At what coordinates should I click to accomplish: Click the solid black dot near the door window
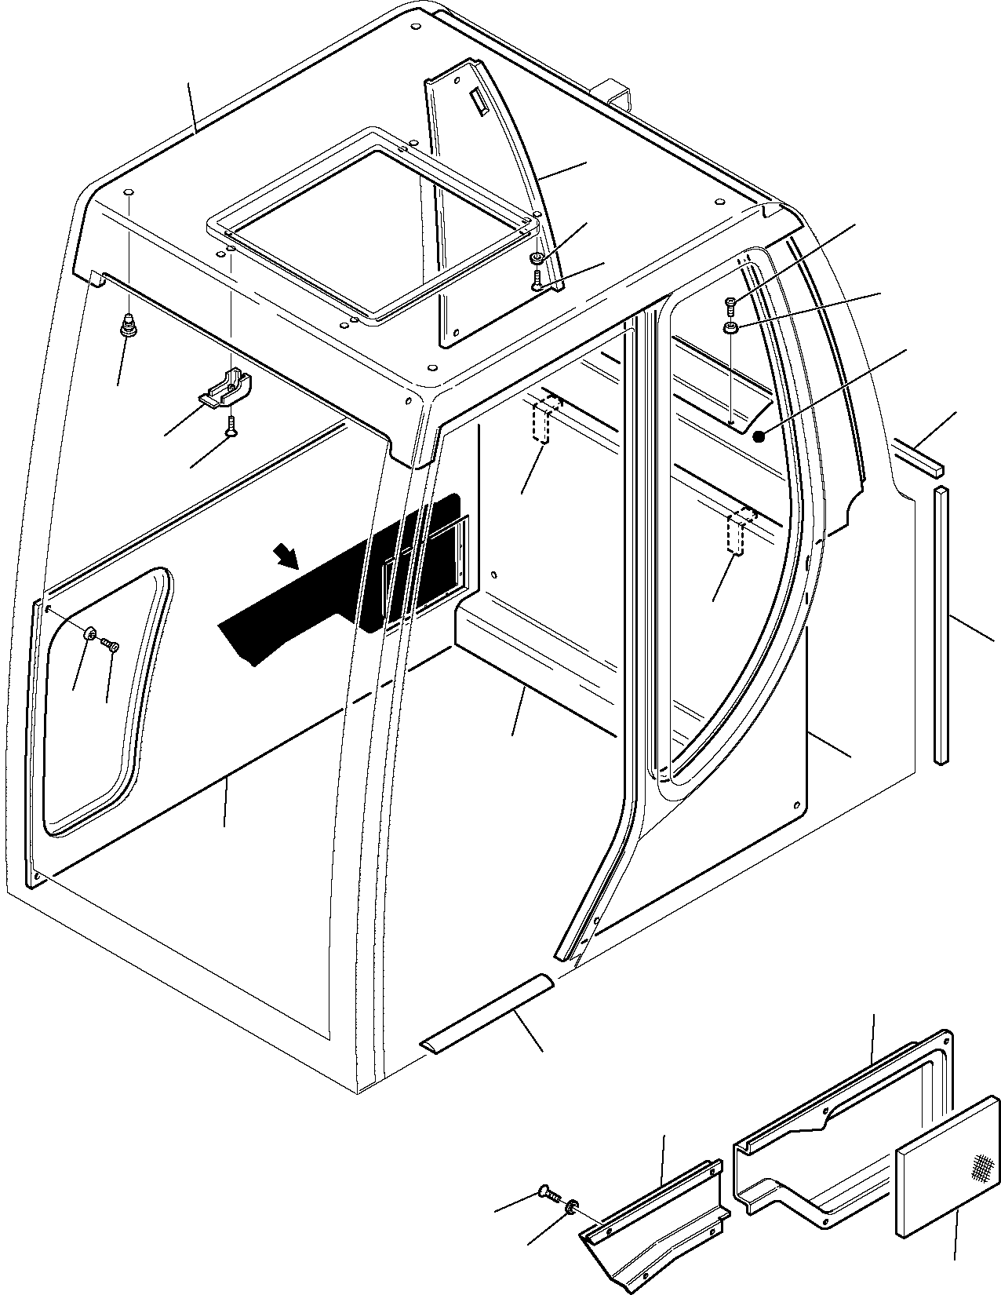tap(758, 436)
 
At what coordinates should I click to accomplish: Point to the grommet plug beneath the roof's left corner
tap(129, 326)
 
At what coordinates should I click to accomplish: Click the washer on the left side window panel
tap(91, 633)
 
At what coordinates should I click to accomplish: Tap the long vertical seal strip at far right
tap(941, 624)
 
